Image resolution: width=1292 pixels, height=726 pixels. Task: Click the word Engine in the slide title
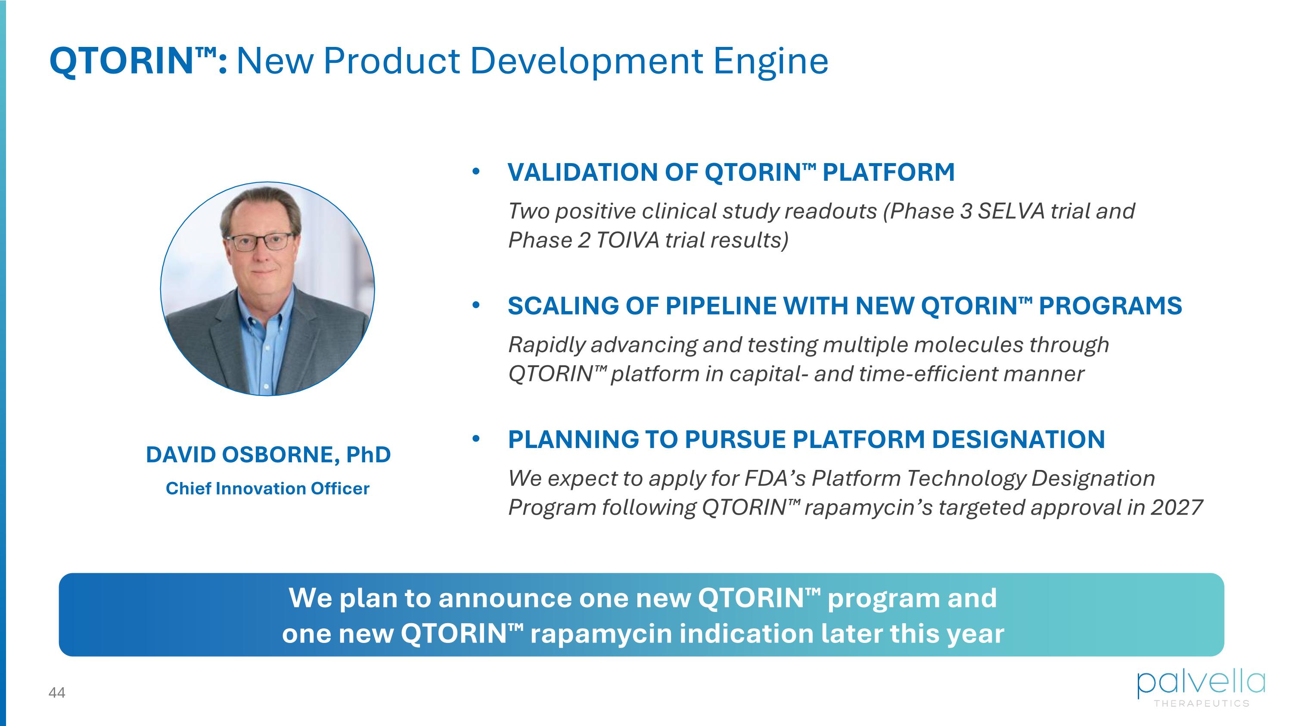770,62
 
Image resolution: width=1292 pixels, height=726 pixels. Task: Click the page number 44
57,692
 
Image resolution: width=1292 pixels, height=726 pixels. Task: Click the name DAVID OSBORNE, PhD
268,454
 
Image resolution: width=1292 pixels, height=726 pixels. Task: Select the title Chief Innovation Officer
267,488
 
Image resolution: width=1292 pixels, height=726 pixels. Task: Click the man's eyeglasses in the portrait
260,242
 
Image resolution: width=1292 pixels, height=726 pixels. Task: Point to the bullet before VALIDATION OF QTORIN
476,172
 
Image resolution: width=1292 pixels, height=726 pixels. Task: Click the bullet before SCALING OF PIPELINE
476,305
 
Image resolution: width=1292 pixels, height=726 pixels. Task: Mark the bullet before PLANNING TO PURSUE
476,439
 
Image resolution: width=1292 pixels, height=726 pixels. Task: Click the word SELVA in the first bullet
1011,211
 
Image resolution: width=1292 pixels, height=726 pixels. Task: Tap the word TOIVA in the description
627,241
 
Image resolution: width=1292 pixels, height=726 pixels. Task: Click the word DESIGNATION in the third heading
1018,439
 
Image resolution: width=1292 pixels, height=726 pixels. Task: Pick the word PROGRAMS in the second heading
1110,306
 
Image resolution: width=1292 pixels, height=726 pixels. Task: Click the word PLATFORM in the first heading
888,173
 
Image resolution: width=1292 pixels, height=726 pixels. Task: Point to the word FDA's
774,478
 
